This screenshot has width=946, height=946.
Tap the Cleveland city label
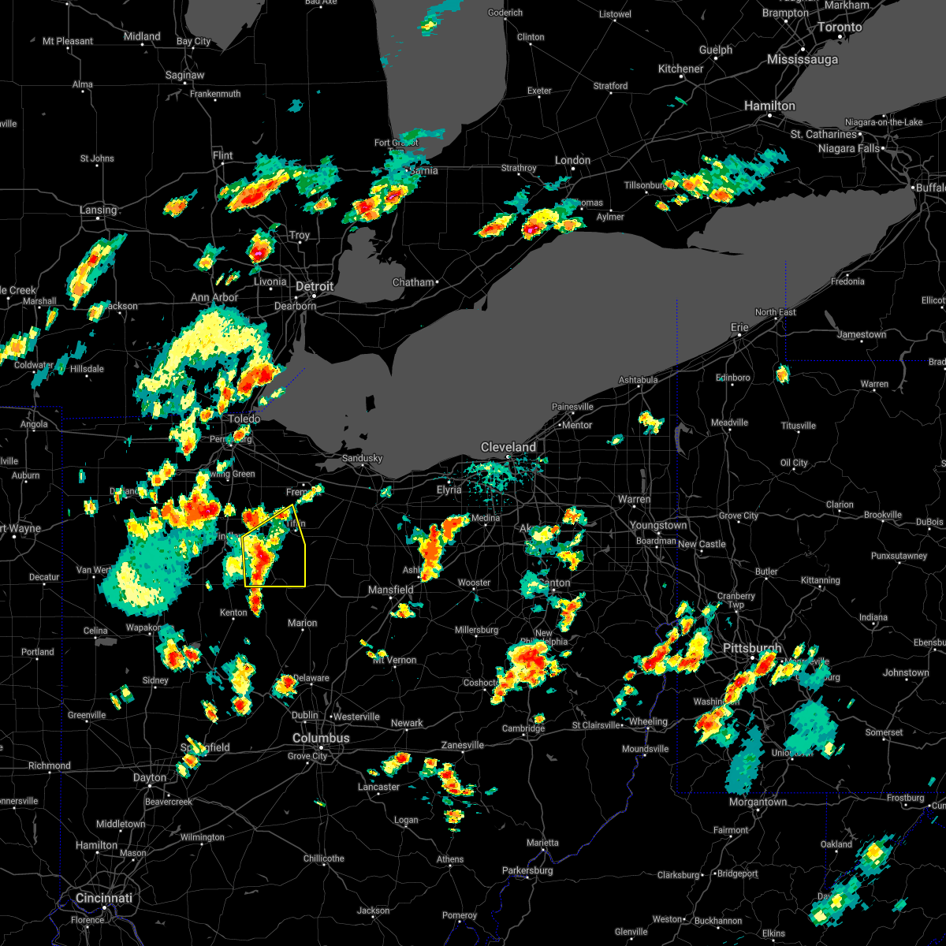[508, 447]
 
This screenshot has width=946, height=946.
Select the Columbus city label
[321, 738]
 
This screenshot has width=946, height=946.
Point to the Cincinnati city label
[103, 898]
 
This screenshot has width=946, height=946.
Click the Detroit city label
[315, 286]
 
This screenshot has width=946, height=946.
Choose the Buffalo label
[929, 188]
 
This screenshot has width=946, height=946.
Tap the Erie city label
[739, 327]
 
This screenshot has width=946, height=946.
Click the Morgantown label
[758, 802]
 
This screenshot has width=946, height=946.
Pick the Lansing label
[98, 210]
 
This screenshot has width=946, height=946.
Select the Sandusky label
[362, 458]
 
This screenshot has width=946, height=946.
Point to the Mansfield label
[391, 590]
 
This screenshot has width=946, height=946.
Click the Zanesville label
[462, 745]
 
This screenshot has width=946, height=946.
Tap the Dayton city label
[150, 777]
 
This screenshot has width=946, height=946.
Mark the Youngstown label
[658, 525]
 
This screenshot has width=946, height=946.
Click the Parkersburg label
[528, 870]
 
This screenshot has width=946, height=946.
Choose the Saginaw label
[185, 76]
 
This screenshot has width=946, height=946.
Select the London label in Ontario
[572, 160]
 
